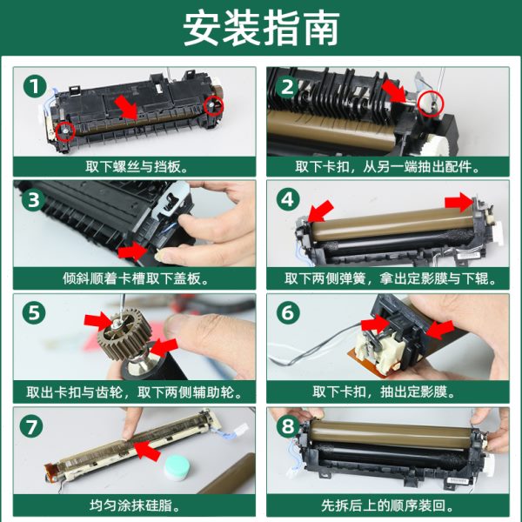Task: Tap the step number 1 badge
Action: point(35,86)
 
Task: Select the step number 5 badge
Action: point(34,312)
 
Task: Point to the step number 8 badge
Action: point(288,425)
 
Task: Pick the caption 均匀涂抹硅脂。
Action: point(135,505)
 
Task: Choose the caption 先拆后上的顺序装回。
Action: point(388,505)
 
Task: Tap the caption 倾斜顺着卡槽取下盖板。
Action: point(136,279)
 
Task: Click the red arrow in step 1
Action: point(125,106)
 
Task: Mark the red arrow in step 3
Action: point(132,251)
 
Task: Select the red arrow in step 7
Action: point(147,450)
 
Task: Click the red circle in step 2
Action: point(431,104)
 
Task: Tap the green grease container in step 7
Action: point(177,467)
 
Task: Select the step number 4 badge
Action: point(288,200)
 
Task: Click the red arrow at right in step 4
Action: point(458,202)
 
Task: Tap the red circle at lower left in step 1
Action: point(65,131)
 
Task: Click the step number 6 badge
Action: point(288,312)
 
